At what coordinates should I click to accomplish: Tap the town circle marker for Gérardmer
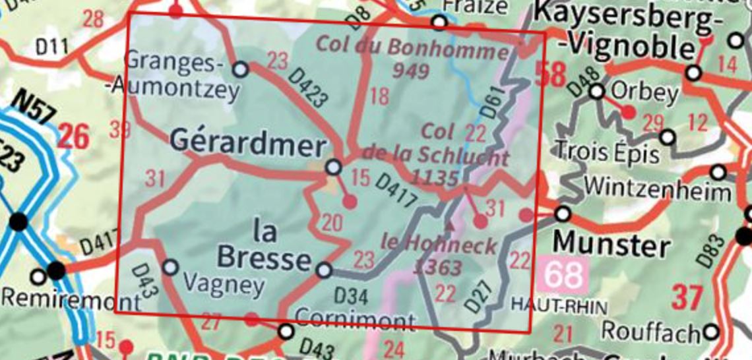[334, 167]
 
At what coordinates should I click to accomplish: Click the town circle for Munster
[563, 214]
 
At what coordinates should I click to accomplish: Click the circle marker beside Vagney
[170, 267]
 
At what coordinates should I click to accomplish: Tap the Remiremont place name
[71, 300]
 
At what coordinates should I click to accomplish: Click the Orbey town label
[644, 93]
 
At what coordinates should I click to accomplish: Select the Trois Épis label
[607, 153]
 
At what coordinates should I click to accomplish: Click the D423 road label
[308, 88]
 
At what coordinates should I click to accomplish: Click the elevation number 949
[410, 71]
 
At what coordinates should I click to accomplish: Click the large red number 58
[551, 74]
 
